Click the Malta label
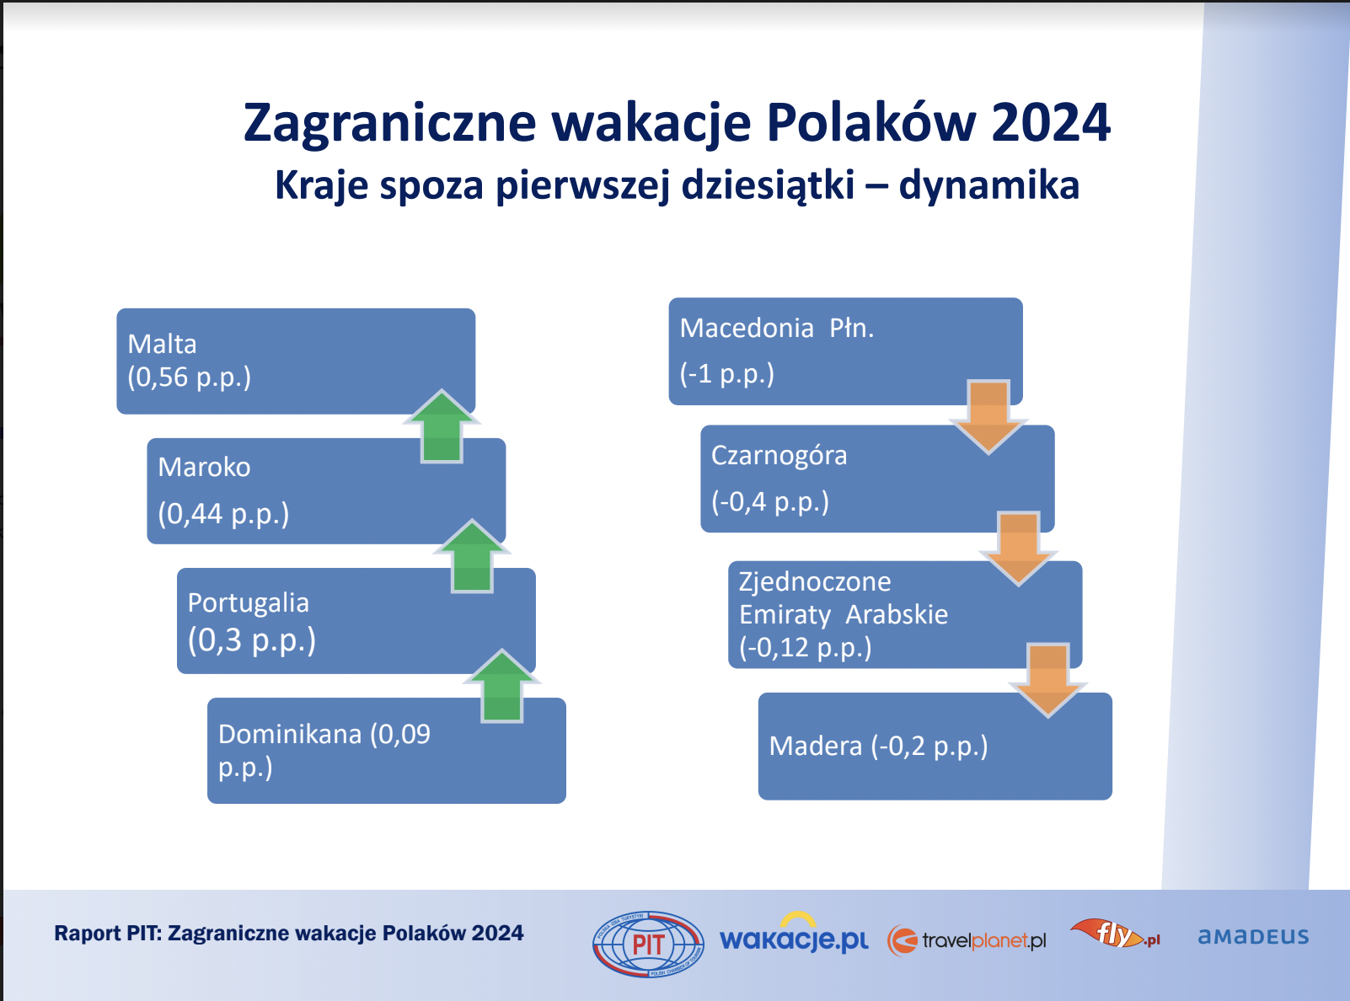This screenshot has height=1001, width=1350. point(162,345)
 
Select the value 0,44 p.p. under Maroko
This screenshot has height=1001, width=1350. point(223,514)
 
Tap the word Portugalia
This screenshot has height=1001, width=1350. point(249,603)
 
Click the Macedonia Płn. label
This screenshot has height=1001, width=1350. point(777,329)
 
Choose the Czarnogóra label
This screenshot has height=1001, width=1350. point(779,456)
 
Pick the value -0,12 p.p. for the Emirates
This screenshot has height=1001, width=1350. point(806,647)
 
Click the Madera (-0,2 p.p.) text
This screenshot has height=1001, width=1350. point(878,747)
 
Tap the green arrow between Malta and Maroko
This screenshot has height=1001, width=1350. point(442,426)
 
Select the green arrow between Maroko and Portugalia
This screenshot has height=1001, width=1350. point(472,555)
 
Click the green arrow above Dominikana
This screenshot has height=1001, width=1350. point(502,686)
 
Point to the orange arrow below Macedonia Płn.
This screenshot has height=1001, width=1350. point(989,417)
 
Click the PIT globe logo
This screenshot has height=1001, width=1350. point(648,945)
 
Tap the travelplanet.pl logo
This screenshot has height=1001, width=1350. point(967,941)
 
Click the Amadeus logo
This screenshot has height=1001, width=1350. point(1253,936)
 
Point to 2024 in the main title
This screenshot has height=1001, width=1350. point(1051,122)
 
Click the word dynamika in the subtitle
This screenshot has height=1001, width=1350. point(989,185)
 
